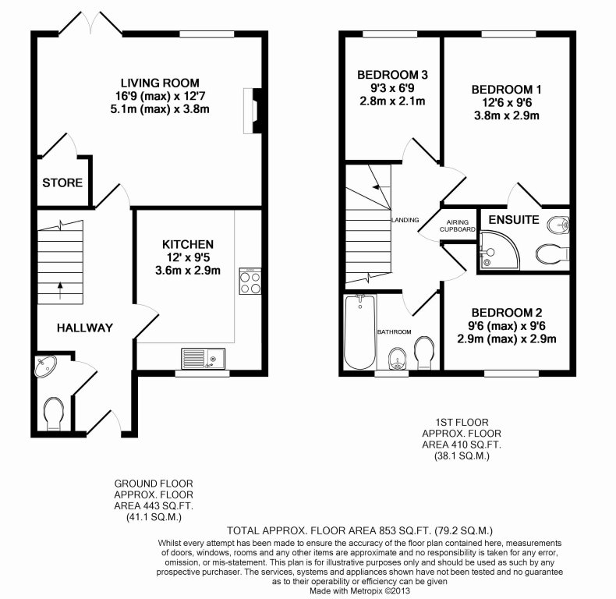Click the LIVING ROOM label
pyautogui.click(x=159, y=83)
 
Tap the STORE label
pyautogui.click(x=62, y=183)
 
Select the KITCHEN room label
pyautogui.click(x=188, y=244)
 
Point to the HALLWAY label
pyautogui.click(x=85, y=328)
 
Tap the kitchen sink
pyautogui.click(x=202, y=359)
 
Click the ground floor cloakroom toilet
pyautogui.click(x=54, y=412)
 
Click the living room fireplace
pyautogui.click(x=250, y=109)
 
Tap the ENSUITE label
pyautogui.click(x=514, y=220)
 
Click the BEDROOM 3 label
pyautogui.click(x=393, y=75)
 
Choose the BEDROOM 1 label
pyautogui.click(x=506, y=89)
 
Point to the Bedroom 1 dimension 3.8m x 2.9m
pyautogui.click(x=506, y=115)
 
